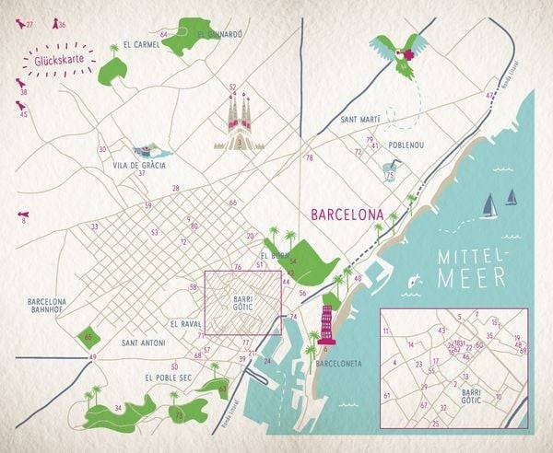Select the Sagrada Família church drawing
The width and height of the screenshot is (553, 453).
(238, 124)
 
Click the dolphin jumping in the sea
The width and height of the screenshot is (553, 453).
(414, 279)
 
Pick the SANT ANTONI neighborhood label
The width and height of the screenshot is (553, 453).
(143, 343)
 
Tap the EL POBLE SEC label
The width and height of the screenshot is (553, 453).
(168, 377)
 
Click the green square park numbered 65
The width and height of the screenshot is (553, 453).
(88, 338)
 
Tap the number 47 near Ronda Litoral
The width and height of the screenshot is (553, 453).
(488, 95)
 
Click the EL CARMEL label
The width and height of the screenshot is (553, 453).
(128, 44)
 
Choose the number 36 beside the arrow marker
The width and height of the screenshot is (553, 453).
(62, 25)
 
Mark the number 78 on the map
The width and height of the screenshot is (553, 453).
(309, 158)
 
